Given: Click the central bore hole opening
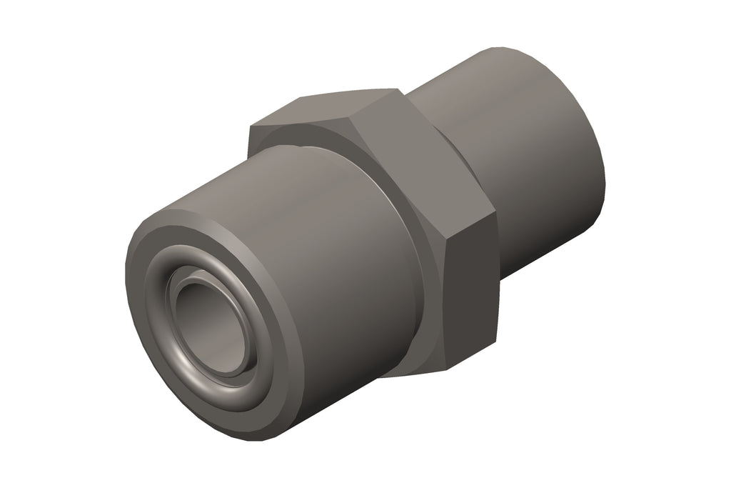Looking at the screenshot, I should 211,326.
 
